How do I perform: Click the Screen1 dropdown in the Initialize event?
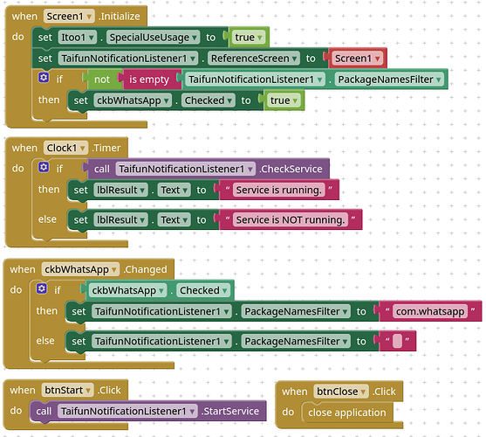[69, 16]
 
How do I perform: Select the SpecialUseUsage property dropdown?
[154, 38]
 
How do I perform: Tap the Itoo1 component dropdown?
[78, 38]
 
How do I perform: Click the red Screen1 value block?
[357, 59]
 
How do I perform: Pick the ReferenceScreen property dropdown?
[254, 59]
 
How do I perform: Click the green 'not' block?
[102, 80]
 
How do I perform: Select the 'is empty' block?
[149, 80]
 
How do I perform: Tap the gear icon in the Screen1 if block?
[44, 77]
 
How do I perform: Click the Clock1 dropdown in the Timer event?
[65, 148]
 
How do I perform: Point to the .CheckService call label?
[291, 169]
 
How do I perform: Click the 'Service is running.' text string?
[279, 190]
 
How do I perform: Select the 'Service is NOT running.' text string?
[291, 219]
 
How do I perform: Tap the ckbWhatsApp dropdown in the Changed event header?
[80, 269]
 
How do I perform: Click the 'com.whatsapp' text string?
[430, 311]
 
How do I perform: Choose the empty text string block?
[397, 341]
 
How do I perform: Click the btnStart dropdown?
[67, 390]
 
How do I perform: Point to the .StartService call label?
[230, 412]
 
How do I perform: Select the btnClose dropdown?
[341, 392]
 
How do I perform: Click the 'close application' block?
[347, 413]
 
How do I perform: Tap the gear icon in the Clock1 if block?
[44, 167]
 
